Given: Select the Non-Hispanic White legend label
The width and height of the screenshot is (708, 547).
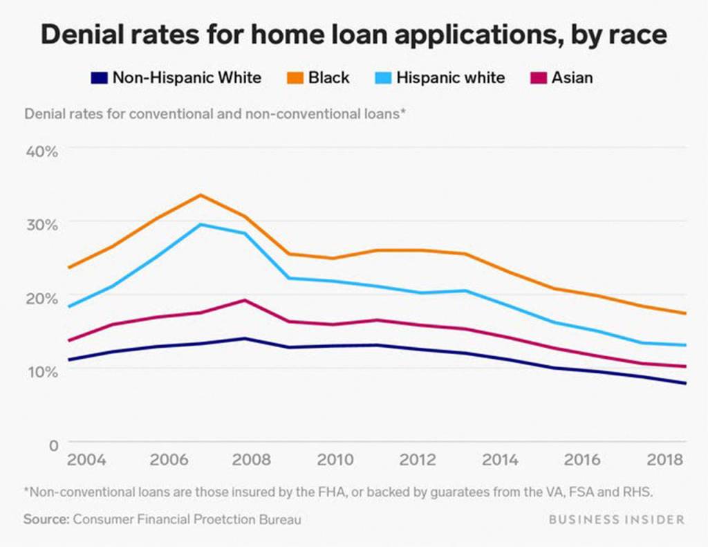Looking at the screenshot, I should point(187,77).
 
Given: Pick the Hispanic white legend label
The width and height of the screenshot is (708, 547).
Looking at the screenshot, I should point(450,77).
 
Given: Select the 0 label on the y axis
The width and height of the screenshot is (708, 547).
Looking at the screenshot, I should point(53,446).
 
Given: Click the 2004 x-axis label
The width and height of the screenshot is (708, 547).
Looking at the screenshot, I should point(86,460).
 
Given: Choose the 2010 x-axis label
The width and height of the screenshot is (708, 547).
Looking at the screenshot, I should point(335,460).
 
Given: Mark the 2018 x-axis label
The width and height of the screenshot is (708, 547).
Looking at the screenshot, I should point(665,460).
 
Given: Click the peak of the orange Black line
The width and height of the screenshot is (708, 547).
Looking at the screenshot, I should point(200,194).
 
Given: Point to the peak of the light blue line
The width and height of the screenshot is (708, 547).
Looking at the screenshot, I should point(201,224).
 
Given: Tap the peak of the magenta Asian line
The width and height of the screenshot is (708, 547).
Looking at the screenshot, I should point(243,299).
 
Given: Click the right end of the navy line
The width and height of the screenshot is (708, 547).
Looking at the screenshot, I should point(685,383).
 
